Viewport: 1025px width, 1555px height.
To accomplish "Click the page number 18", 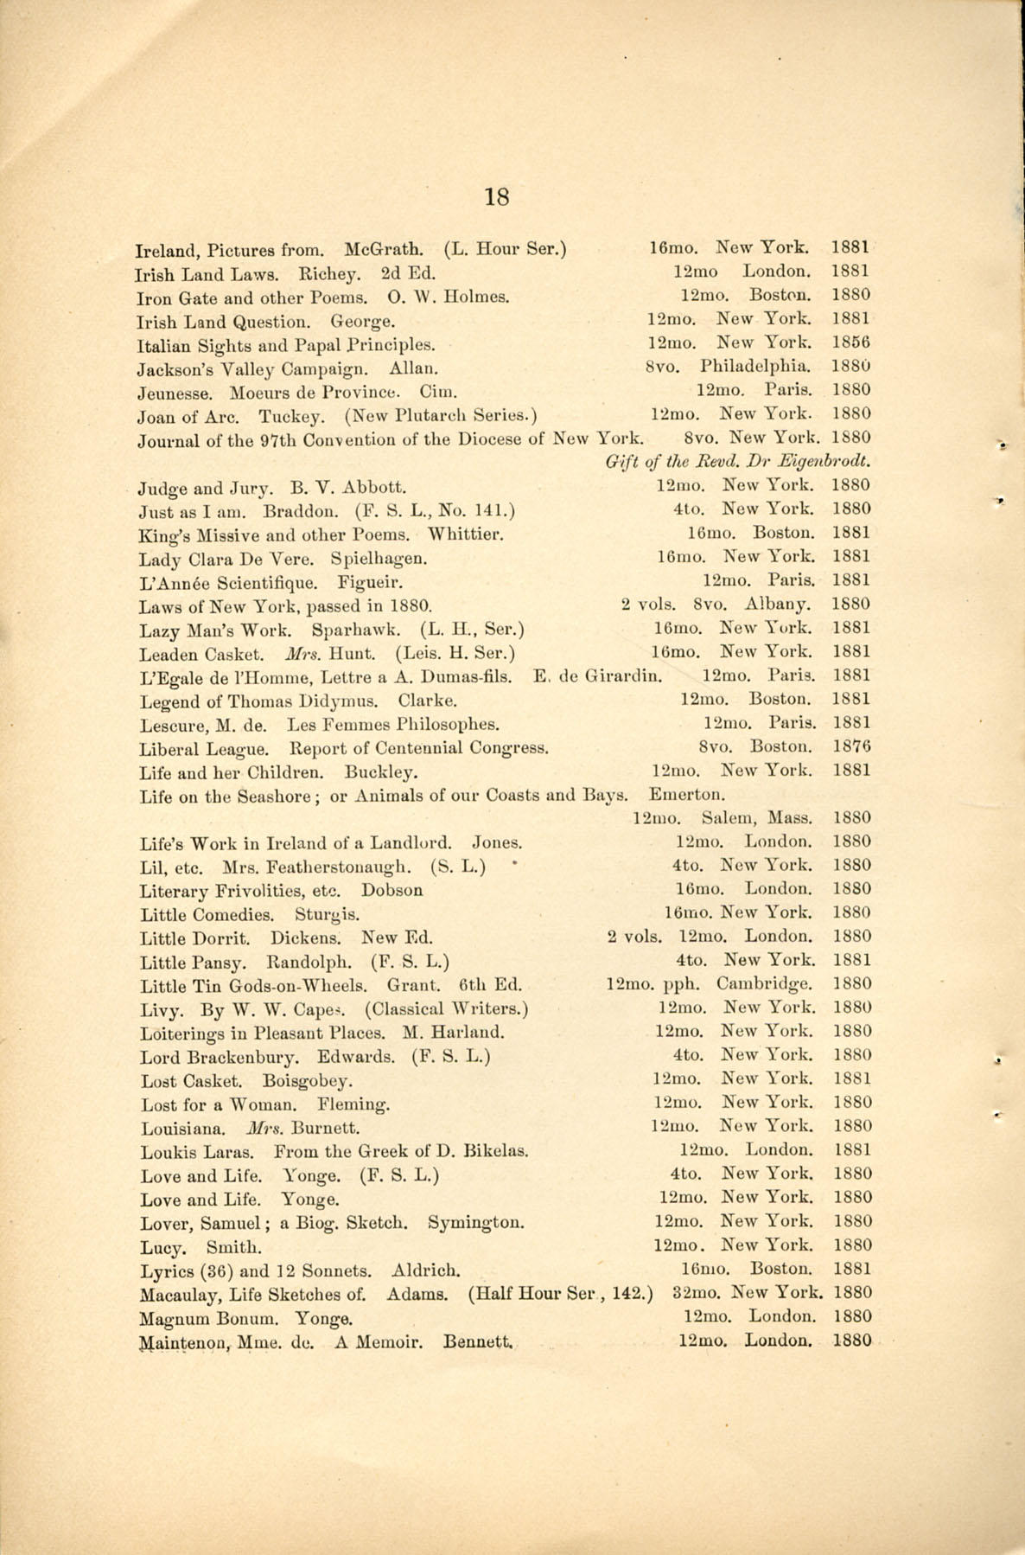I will pos(497,197).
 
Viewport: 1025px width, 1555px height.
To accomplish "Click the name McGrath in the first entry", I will pos(384,252).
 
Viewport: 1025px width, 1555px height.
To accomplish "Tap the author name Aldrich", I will pos(425,1271).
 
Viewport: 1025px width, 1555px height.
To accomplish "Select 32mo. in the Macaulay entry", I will pos(697,1294).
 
